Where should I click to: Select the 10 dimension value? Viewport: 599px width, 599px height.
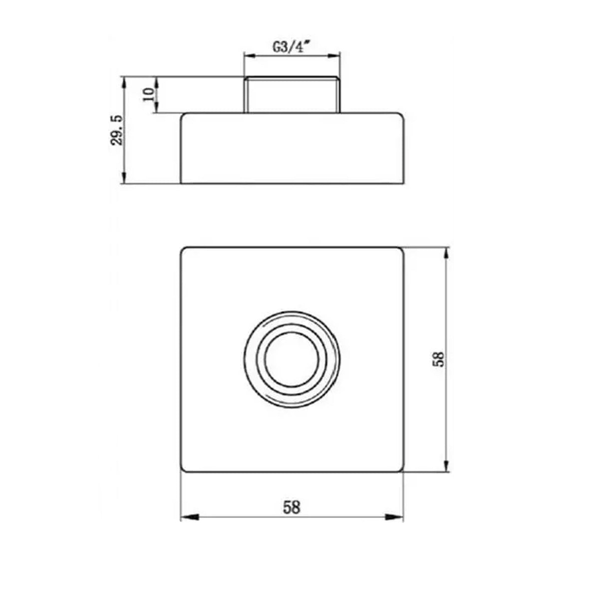point(148,94)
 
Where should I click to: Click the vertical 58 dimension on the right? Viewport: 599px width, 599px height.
point(438,359)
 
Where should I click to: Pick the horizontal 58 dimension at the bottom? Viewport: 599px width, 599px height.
point(292,507)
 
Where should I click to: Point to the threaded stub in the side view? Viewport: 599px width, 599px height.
point(292,94)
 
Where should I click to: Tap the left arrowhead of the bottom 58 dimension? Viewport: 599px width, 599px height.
point(187,517)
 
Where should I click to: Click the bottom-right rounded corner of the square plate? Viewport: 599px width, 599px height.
point(400,469)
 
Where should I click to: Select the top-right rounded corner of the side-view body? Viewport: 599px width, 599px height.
point(400,115)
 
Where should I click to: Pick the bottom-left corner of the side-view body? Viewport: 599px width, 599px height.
point(181,183)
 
